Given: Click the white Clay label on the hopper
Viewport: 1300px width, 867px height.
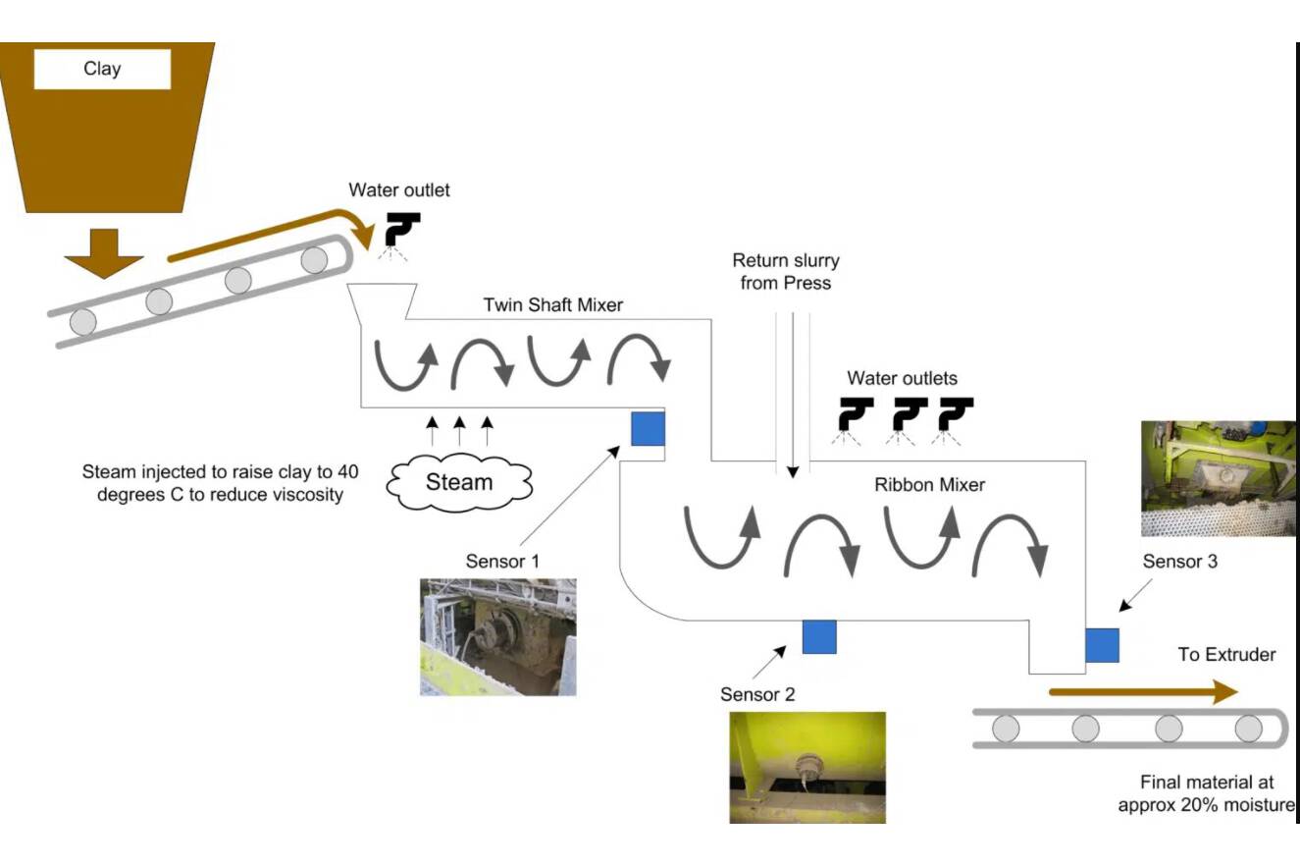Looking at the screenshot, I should coord(102,69).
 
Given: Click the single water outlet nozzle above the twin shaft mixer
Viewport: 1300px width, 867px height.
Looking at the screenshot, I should coord(401,229).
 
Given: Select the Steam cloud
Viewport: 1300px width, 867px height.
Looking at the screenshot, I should coord(459,481).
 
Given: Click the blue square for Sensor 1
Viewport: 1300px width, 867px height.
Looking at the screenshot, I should coord(648,428).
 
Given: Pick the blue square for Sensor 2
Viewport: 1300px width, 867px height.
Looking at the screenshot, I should coord(819,636).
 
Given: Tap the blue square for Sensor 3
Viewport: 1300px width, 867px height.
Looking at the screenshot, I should coord(1102,644).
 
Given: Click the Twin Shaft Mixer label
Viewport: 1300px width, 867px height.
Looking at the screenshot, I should coord(553,304).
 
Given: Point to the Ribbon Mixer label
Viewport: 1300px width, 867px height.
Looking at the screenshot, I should coord(929,484).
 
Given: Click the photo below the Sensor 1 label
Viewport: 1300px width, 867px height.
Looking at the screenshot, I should coord(498,637).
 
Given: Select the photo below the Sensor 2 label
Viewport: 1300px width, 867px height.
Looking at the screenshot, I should coord(807,767).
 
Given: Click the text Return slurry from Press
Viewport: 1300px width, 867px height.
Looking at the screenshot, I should coord(786,272).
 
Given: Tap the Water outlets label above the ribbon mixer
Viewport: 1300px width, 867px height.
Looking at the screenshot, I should coord(902,378).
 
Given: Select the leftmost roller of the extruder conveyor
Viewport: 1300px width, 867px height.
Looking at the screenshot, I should coord(1006,729).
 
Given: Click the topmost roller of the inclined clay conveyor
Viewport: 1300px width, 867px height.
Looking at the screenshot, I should coord(314,260).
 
